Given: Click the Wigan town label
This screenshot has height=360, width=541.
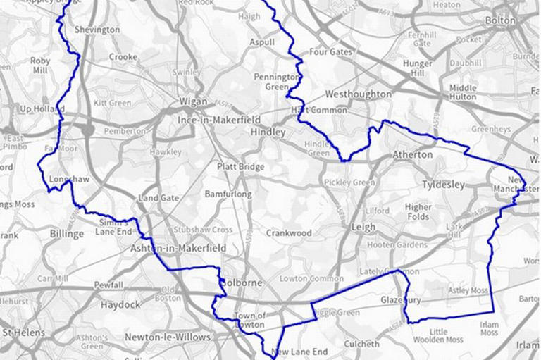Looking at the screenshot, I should pos(193,101).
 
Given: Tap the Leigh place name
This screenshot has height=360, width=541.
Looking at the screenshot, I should pos(363,227).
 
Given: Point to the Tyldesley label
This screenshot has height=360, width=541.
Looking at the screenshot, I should pos(444,185).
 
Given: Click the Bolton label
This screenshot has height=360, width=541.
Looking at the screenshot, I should pos(501,20).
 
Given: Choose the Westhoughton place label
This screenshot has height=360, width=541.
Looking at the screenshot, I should pos(358,94).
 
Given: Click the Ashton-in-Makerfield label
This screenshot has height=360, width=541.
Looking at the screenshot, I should pos(178,248).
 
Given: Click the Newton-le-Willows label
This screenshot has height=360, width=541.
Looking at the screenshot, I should pos(168,337).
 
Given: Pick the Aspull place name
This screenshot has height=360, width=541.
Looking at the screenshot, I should pos(262,43).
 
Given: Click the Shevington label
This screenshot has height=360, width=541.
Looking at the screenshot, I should pos(97,30).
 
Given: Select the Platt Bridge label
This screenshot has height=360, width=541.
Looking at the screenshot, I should pos(241,167).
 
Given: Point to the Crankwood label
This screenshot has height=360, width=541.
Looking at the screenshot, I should pos(288,232).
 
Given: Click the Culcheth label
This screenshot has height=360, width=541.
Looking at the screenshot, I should pos(361,345).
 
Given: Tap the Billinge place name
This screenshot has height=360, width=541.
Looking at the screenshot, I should pos(67,234).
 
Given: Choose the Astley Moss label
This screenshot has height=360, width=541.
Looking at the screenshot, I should pos(468,290).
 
